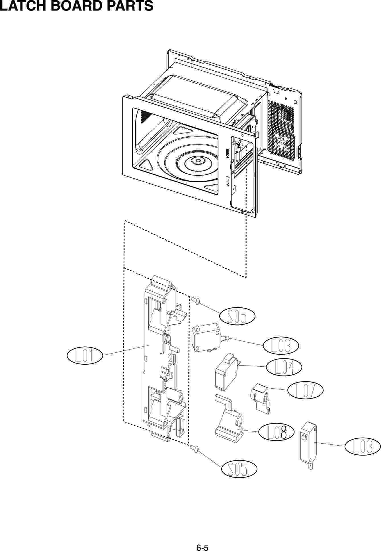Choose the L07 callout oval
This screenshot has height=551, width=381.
pyautogui.click(x=305, y=390)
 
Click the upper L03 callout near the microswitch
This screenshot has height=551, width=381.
pyautogui.click(x=281, y=346)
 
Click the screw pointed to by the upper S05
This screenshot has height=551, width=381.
pyautogui.click(x=196, y=300)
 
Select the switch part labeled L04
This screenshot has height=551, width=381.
pyautogui.click(x=226, y=372)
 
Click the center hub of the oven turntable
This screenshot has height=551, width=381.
pyautogui.click(x=197, y=160)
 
